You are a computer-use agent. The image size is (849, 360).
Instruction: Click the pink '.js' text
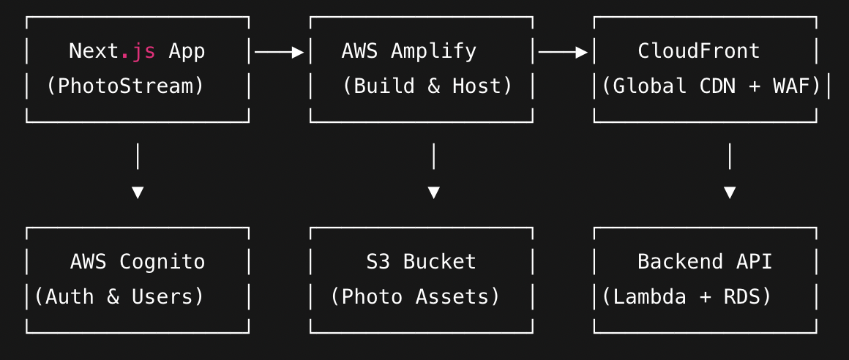(138, 51)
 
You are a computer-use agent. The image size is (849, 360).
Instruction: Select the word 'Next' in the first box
(94, 51)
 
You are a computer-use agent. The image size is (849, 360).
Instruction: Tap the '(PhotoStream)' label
(125, 86)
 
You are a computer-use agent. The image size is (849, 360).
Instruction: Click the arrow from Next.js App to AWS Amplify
(279, 52)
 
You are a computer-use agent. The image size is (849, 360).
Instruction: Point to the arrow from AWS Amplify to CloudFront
(563, 52)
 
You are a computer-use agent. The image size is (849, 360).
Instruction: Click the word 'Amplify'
(433, 51)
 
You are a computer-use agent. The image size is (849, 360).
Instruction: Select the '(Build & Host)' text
(427, 86)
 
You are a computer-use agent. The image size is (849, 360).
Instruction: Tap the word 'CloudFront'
(699, 51)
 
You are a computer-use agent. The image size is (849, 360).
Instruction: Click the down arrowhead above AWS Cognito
(137, 192)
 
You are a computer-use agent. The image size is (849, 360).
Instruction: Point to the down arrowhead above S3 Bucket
(433, 192)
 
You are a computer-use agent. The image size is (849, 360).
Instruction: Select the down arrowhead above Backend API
(730, 192)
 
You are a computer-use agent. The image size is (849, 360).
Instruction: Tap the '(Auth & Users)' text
(119, 297)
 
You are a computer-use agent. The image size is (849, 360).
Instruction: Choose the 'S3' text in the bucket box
(378, 262)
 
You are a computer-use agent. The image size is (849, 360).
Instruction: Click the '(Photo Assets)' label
(415, 297)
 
